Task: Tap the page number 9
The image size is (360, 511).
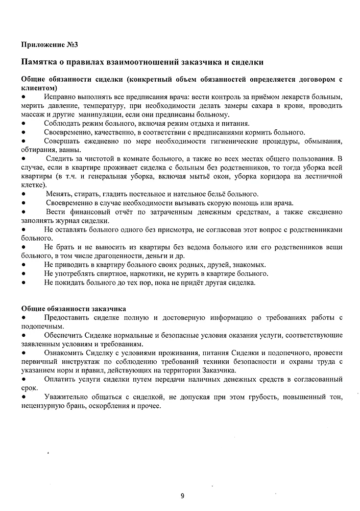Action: click(182, 495)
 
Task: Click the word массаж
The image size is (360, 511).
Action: click(32, 114)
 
